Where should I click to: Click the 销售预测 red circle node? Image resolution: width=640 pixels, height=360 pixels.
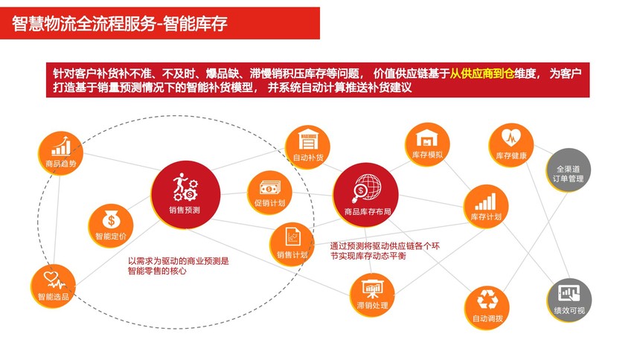(x=185, y=195)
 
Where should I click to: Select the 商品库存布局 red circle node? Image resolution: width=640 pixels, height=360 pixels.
(x=365, y=195)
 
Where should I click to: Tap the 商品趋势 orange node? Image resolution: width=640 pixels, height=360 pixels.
(x=60, y=153)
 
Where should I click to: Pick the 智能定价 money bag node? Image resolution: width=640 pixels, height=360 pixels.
(x=111, y=225)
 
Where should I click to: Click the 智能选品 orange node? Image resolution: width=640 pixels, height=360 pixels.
(x=53, y=286)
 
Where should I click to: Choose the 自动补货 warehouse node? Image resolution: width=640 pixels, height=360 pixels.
(x=307, y=147)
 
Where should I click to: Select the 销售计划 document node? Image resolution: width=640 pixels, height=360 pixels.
(x=292, y=245)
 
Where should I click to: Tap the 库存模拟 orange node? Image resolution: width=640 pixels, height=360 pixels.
(x=427, y=144)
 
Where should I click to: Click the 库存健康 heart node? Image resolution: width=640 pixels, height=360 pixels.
(x=511, y=146)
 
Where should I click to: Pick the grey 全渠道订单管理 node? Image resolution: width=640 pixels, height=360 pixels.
(x=569, y=170)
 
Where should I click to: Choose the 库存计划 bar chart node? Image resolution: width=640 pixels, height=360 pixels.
(x=486, y=207)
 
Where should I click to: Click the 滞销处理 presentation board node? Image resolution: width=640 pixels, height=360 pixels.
(x=372, y=295)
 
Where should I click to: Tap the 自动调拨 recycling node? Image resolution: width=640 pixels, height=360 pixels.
(x=487, y=308)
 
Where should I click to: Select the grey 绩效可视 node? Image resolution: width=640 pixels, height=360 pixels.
(x=569, y=300)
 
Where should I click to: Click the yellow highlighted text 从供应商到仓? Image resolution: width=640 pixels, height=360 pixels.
(x=481, y=74)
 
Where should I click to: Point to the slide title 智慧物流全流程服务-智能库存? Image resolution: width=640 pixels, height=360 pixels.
(x=119, y=23)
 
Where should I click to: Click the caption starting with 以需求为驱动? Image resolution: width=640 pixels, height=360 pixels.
(x=179, y=266)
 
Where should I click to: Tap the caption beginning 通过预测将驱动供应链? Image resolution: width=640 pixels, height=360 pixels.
(x=385, y=251)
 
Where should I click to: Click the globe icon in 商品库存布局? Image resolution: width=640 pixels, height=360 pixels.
(x=367, y=187)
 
